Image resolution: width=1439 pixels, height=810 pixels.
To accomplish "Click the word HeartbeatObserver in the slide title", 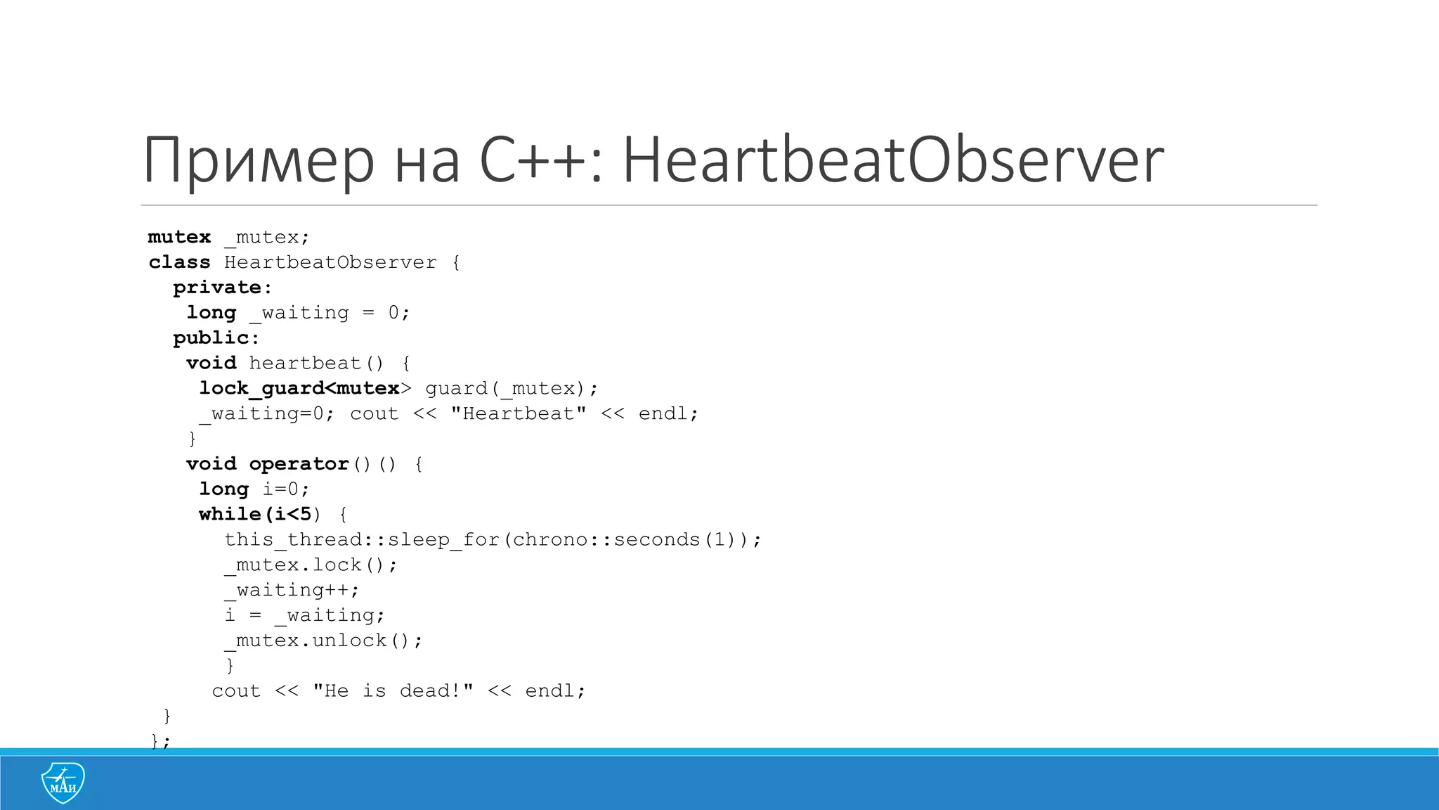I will [892, 160].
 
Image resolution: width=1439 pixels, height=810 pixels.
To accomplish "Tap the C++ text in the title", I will [533, 160].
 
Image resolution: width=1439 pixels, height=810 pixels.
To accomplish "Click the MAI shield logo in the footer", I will [63, 782].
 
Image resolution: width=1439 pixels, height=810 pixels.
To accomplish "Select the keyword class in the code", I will [179, 262].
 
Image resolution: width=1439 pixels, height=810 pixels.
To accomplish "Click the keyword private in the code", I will [217, 288].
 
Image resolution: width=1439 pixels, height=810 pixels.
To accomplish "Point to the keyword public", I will [211, 338].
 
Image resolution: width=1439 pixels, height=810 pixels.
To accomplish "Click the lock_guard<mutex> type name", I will [299, 388].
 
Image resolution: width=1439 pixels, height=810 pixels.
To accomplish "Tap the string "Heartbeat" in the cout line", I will [519, 413].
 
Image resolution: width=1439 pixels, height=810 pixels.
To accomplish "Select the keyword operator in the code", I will [299, 464].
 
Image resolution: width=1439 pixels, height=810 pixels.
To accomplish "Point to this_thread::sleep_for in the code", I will [361, 540].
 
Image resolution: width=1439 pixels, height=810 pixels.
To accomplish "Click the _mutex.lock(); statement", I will [311, 565].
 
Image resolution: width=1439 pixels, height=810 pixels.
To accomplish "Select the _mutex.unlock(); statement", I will [323, 641].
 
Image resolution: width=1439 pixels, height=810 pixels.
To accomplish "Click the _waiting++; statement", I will [292, 591].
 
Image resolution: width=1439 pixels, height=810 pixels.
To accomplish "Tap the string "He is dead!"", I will [393, 691].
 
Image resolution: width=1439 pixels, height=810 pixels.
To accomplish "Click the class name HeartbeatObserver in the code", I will [330, 262].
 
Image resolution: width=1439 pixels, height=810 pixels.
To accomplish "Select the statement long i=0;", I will [254, 489].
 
